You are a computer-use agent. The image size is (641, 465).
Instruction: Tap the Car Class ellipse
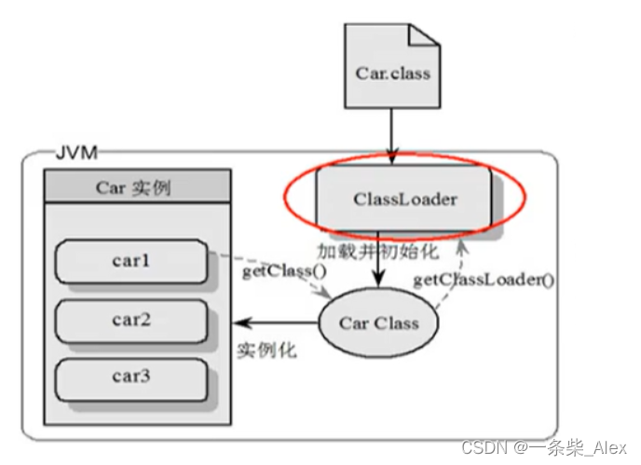coord(378,323)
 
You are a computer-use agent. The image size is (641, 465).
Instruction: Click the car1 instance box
coord(131,261)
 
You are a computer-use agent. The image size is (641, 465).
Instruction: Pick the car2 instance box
coord(131,320)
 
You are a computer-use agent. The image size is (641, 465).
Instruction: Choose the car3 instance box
coord(131,378)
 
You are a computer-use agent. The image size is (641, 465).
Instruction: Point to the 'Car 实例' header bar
coord(136,186)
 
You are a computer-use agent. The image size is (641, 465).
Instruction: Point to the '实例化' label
coord(266,351)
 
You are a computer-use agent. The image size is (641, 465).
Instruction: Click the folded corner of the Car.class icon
coord(425,36)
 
